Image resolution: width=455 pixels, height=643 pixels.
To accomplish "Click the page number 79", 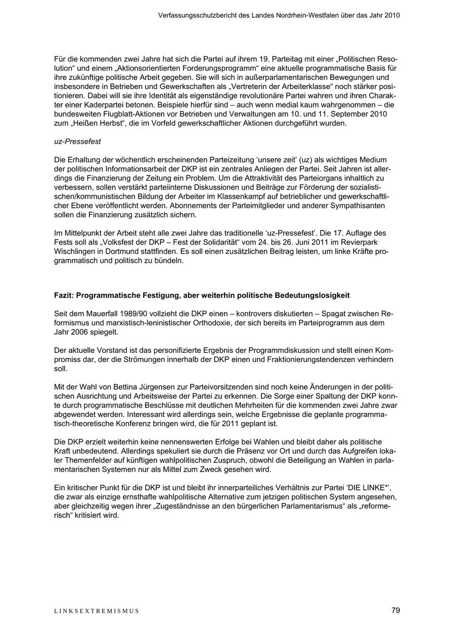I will point(395,610).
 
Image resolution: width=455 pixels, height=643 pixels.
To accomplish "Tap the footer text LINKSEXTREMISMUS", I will point(97,611).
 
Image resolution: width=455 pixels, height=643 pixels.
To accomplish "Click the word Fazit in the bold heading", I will point(64,295).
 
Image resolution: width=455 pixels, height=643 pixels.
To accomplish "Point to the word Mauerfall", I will point(102,313).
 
